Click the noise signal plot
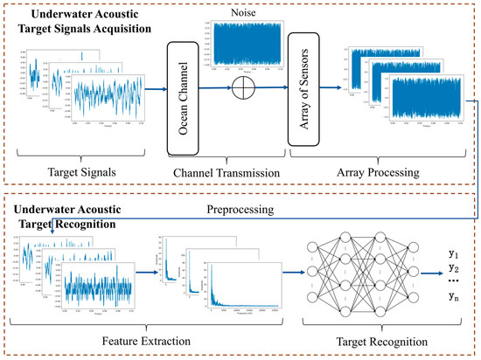coord(247,42)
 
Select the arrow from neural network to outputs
coord(426,273)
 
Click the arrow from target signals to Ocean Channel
coord(145,88)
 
